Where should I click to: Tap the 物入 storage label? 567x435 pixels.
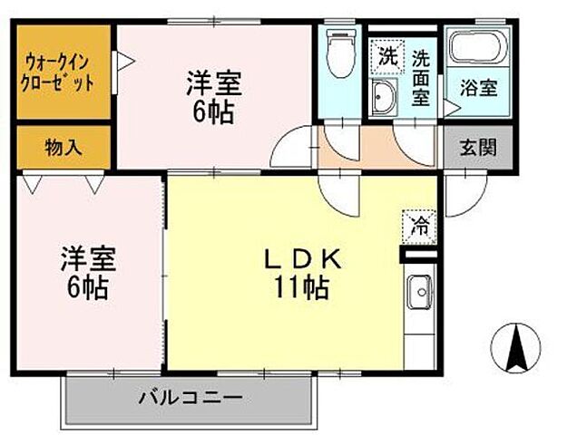63,146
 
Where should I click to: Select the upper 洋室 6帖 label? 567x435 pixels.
214,98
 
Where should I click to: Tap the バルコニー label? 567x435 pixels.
190,397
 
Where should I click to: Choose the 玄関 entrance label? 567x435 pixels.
476,147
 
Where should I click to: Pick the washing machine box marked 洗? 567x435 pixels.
387,54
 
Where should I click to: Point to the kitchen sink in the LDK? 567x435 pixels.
421,294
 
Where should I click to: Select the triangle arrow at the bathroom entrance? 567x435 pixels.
451,109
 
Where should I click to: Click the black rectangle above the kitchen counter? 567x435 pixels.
419,256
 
